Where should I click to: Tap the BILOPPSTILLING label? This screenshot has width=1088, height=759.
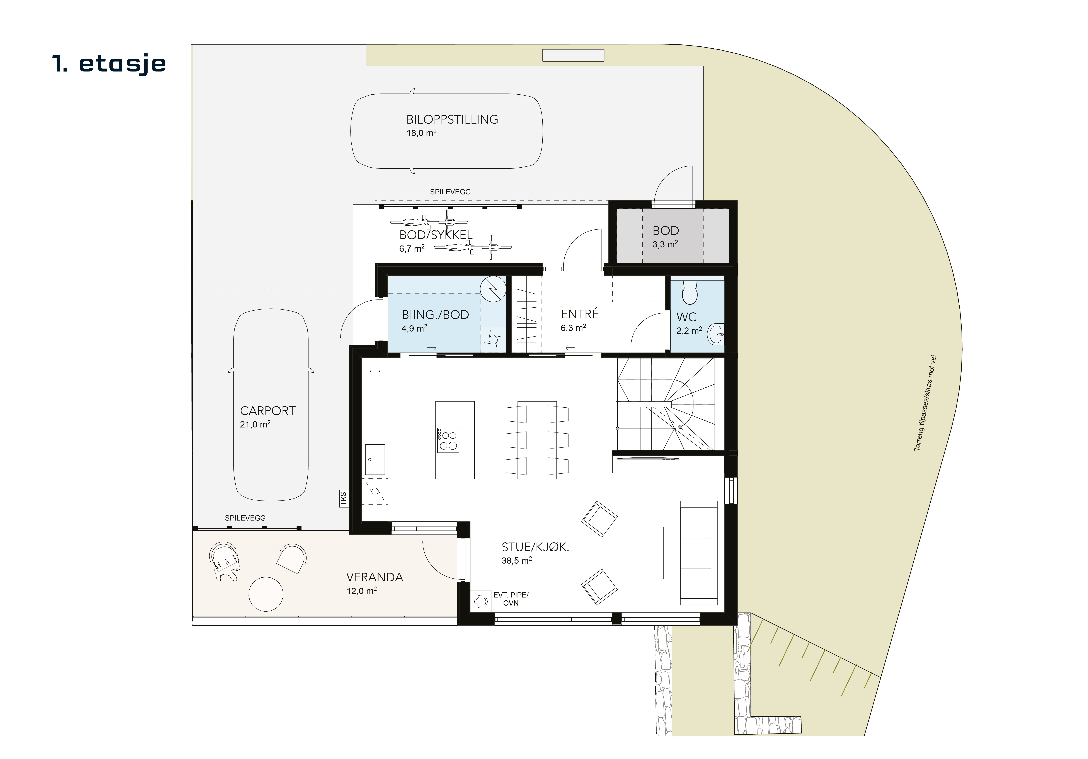click(x=452, y=119)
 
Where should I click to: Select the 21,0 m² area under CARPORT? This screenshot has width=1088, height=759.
click(x=255, y=424)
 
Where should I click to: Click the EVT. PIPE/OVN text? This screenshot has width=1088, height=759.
click(x=511, y=599)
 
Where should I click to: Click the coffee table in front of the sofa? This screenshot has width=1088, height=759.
click(x=648, y=553)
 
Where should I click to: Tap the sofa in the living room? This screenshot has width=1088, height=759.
click(x=698, y=553)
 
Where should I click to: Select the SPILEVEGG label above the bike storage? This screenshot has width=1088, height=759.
click(x=450, y=192)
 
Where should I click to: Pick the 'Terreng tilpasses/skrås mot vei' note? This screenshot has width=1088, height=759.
click(x=925, y=403)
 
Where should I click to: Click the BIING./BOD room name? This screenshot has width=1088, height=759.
click(x=435, y=315)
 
